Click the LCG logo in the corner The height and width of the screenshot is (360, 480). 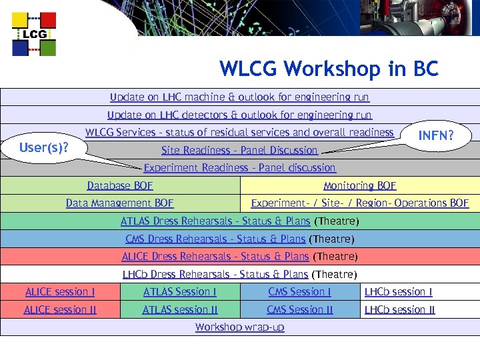pos(34,34)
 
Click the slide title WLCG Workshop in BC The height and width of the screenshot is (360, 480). pos(329,69)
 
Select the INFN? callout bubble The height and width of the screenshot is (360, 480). pos(435,136)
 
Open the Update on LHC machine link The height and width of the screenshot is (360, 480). pos(239,97)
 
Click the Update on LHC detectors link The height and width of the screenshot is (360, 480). pos(239,115)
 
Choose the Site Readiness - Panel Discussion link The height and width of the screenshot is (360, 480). pos(239,150)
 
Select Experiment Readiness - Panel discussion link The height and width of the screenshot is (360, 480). pos(239,168)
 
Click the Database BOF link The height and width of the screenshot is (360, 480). pos(120,186)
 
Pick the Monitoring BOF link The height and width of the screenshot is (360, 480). pos(359,186)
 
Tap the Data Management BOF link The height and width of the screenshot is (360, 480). pos(120,203)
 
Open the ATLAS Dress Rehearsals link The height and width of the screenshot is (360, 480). pos(215,221)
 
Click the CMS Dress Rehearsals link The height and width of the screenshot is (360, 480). pos(215,239)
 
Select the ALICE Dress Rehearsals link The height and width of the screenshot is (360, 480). pos(215,256)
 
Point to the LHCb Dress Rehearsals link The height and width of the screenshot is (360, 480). pos(215,274)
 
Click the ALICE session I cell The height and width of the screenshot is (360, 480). pos(59,291)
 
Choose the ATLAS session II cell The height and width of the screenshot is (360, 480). pos(180,309)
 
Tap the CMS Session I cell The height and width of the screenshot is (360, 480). pos(299,291)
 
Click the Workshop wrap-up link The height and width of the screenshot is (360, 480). pos(239,327)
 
